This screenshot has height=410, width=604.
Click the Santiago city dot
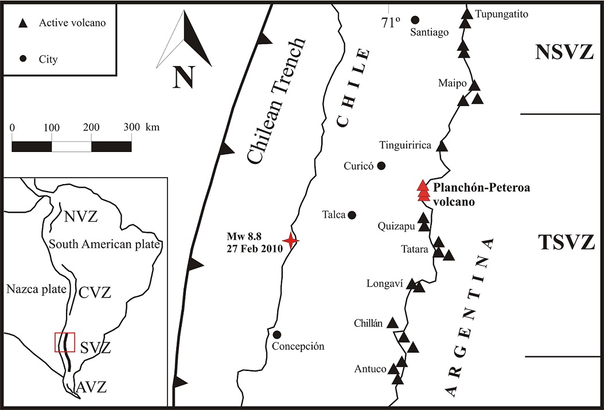[415, 19]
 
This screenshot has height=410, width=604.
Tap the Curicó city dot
[381, 166]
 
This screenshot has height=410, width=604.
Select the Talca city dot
[352, 215]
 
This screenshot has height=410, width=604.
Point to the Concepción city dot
[277, 334]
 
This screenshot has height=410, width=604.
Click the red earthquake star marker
[291, 241]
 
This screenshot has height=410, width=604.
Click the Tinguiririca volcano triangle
[442, 146]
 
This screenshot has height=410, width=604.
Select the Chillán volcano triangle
[393, 323]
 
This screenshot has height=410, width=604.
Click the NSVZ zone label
[564, 52]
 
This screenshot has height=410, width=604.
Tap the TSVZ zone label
[566, 243]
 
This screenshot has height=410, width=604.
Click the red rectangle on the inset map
[65, 342]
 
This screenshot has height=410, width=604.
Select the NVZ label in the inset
[81, 217]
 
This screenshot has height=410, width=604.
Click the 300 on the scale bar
[131, 127]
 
